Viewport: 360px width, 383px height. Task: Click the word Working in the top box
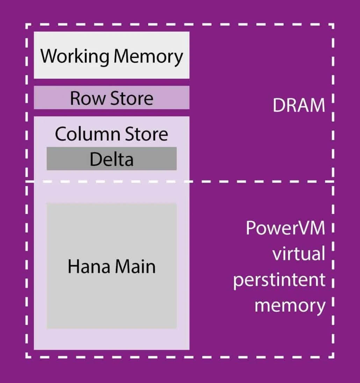tap(74, 57)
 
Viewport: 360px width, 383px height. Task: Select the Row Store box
tap(111, 98)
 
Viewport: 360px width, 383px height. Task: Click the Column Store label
tap(111, 134)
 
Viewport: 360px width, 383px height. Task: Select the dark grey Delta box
tap(111, 159)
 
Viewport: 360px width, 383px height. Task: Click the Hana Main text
tap(111, 267)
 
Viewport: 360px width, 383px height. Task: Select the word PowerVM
tap(286, 228)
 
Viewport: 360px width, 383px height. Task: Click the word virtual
tap(298, 254)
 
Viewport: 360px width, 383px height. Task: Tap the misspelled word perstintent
tap(279, 280)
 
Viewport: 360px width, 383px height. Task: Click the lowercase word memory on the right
tap(290, 305)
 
